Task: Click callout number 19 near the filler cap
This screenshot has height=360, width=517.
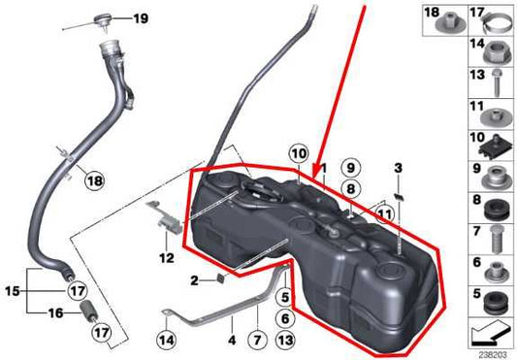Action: point(142,18)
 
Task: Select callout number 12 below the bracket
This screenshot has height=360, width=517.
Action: point(166,258)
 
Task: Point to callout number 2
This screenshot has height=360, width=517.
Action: point(194,280)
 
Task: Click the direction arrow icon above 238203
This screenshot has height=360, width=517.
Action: point(486,334)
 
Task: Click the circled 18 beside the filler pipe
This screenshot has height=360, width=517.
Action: point(92,180)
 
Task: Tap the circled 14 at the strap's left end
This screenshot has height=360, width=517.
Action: point(167,340)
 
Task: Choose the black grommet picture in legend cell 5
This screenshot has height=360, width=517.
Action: point(492,297)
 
